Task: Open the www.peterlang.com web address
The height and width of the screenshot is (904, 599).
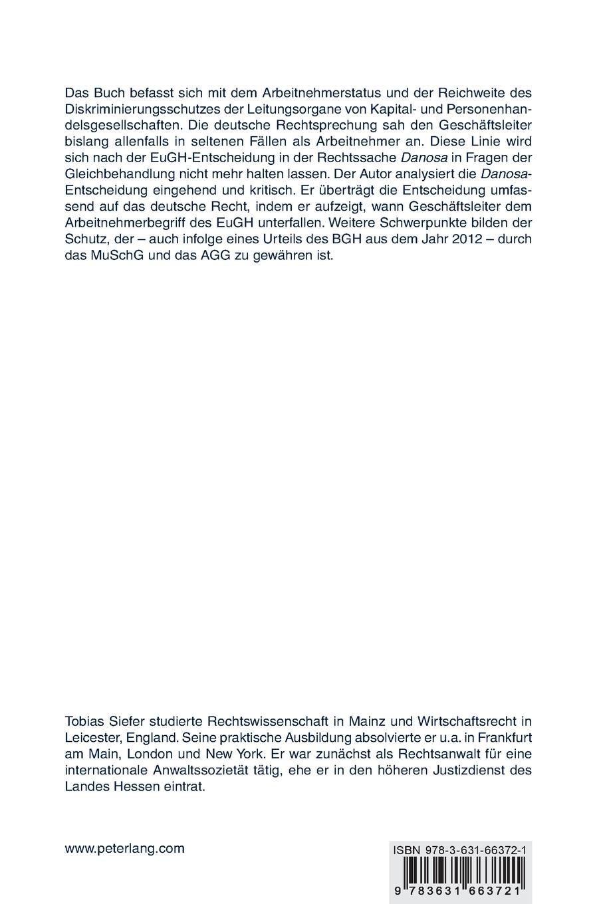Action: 124,848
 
